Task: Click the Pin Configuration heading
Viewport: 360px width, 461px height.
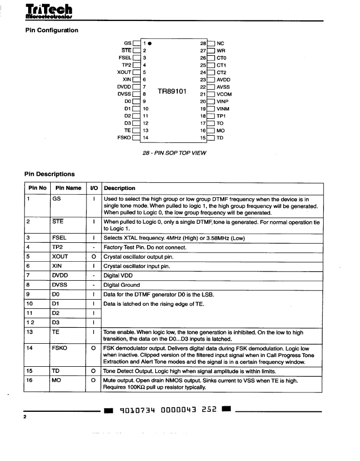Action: (52, 30)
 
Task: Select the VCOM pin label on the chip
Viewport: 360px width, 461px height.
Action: (224, 94)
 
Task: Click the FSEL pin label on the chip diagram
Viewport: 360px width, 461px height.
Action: (125, 58)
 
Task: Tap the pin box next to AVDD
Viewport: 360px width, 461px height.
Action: (210, 80)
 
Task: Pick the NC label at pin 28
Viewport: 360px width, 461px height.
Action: (221, 44)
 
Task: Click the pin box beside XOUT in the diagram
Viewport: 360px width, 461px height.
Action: (136, 73)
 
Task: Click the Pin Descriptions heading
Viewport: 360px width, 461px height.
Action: (50, 174)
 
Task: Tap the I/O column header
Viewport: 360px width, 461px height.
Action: (94, 188)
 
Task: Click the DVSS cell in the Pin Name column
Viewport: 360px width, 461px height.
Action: (60, 285)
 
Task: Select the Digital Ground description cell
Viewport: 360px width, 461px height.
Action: (121, 285)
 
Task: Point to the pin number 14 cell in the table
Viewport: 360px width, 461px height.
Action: (30, 348)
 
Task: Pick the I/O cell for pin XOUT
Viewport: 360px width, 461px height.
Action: (94, 257)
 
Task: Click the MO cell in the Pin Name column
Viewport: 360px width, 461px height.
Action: (57, 381)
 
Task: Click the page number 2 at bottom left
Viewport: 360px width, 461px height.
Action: (25, 418)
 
